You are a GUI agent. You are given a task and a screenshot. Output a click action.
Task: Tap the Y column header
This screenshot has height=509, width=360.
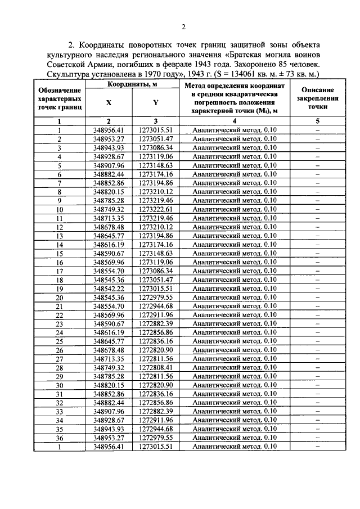tap(155, 103)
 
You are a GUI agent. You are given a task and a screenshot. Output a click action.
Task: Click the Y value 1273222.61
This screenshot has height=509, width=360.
tap(155, 209)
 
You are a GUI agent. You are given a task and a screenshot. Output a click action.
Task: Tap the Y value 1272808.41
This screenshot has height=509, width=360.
tap(155, 367)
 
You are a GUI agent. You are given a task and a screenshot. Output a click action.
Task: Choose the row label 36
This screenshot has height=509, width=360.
tap(59, 438)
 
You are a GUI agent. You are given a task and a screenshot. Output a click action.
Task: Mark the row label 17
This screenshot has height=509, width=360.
tap(59, 271)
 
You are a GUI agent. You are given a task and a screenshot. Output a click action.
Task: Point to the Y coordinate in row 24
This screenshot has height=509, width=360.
tap(155, 332)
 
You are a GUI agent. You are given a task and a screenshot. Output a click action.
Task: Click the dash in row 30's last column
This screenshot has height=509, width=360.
tap(317, 385)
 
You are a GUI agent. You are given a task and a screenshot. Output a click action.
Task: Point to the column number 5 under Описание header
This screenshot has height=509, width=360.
tap(317, 121)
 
